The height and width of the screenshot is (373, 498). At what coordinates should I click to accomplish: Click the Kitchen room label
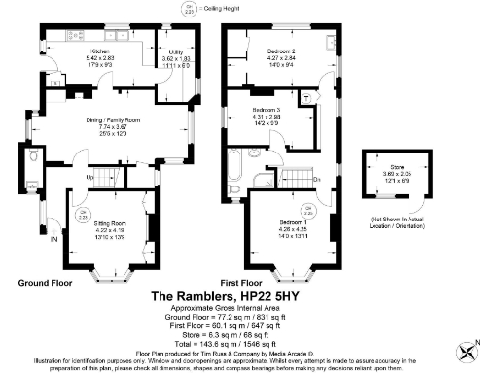click(99, 50)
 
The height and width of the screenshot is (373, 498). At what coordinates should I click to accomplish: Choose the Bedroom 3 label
click(266, 112)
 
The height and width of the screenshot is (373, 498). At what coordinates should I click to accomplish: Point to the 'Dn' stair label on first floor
click(317, 179)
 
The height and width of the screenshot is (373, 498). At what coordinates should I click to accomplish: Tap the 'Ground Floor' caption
click(46, 283)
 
